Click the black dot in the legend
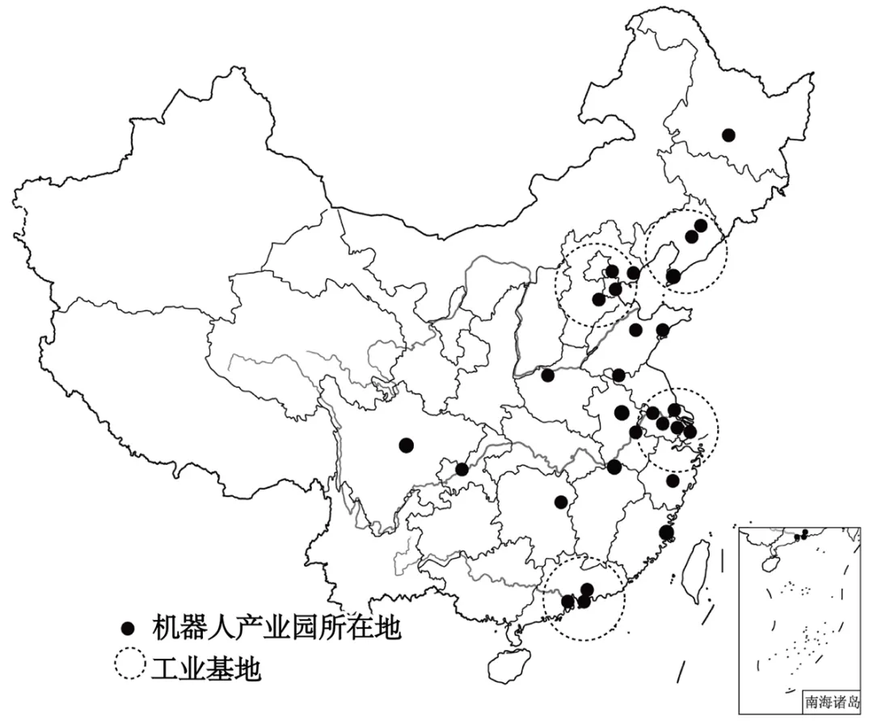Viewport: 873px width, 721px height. tap(126, 629)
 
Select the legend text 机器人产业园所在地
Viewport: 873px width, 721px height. tap(276, 628)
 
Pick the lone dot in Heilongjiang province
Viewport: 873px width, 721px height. tap(728, 135)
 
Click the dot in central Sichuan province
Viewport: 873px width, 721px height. tap(406, 445)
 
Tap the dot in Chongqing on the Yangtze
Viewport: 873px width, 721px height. tap(462, 469)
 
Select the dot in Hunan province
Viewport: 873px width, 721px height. tap(560, 501)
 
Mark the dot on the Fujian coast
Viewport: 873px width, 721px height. tap(665, 532)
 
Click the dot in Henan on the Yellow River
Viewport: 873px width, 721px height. tap(548, 375)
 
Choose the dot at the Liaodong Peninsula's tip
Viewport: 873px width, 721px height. tap(673, 276)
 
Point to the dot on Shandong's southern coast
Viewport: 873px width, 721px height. tap(663, 329)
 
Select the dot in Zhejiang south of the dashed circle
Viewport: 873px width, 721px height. tap(673, 481)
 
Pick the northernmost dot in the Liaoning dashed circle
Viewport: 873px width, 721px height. tap(700, 226)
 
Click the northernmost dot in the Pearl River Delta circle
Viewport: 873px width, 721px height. tap(587, 589)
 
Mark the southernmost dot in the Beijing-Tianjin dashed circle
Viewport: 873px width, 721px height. tap(598, 299)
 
